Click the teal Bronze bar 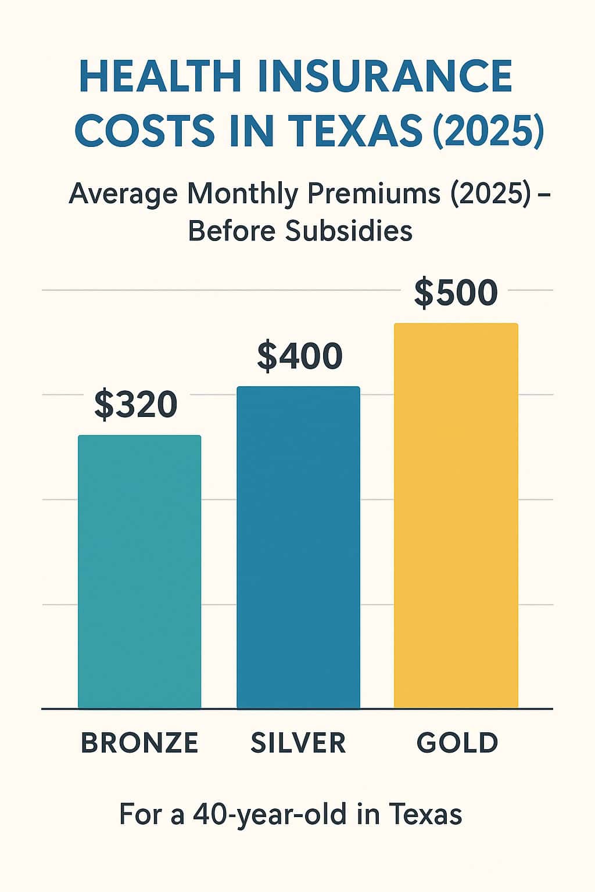point(139,572)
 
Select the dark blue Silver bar point(298,548)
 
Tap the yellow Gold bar point(456,516)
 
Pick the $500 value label point(456,293)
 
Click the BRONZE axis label point(139,743)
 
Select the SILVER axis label point(298,743)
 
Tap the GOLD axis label point(457,743)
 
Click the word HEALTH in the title point(160,76)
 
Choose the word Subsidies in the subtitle point(349,231)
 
